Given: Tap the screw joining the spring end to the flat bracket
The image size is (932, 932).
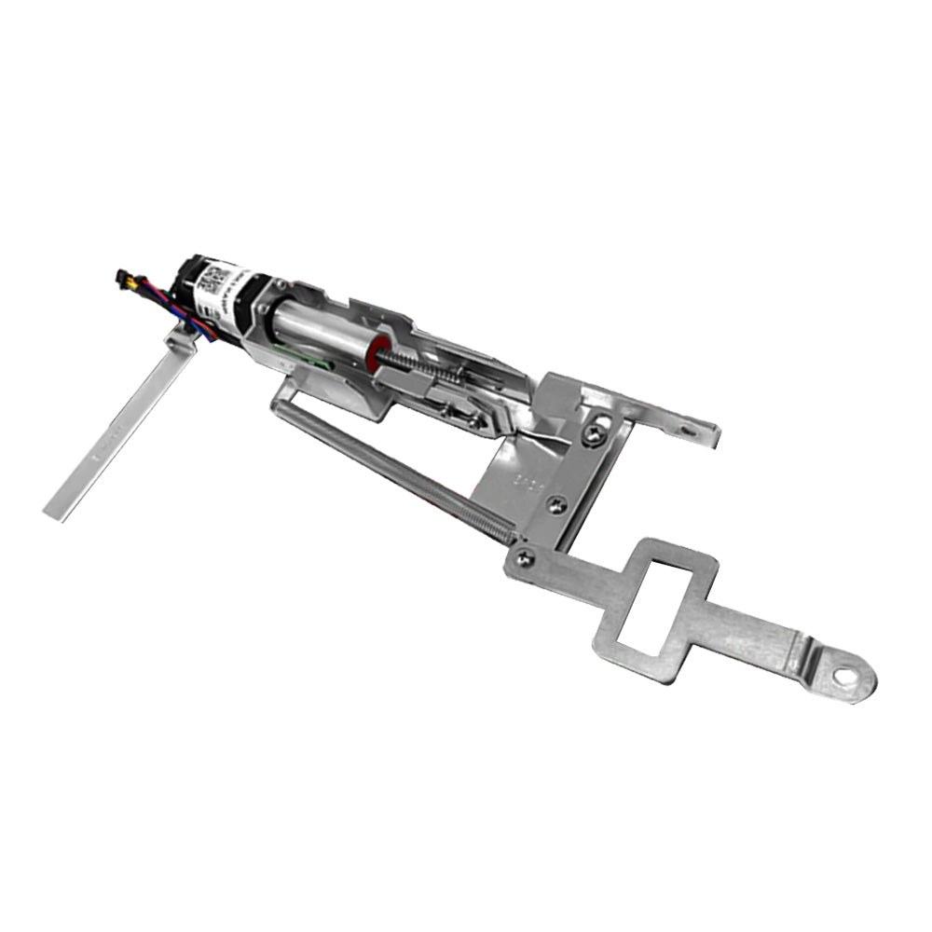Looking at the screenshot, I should tap(525, 557).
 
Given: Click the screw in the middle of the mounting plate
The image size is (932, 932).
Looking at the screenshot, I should tap(556, 505).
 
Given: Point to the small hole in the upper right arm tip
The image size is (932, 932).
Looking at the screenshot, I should tap(688, 430).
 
